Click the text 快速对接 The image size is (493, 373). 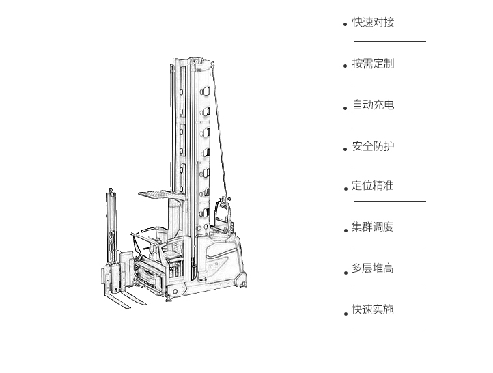coord(373,23)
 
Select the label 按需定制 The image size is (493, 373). coord(373,64)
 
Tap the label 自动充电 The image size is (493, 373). coord(373,105)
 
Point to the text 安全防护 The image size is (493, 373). coord(373,146)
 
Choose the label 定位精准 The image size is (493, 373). coord(372,186)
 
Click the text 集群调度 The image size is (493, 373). coord(372,227)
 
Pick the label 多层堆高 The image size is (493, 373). coord(372,268)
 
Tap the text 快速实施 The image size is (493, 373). coord(372,309)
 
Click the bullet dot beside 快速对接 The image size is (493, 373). coord(346,24)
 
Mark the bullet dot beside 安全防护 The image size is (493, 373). coord(346,149)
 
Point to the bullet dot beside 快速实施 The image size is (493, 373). coord(346,314)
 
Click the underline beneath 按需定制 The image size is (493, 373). coord(390,87)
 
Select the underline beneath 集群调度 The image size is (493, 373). coord(390,247)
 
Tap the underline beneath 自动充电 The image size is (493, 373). coord(390,126)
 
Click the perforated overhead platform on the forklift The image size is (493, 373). coord(162,195)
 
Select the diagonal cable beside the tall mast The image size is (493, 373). coord(219,130)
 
